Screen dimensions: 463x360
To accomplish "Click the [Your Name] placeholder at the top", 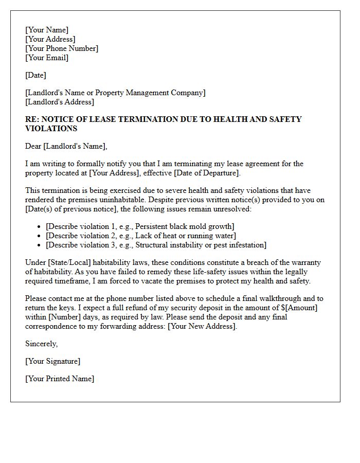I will tap(46, 30).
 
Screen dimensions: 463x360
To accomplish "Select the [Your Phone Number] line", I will tap(62, 49).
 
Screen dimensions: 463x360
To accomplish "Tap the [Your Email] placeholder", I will tap(47, 58).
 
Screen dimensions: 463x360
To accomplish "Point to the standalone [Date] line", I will tap(35, 76).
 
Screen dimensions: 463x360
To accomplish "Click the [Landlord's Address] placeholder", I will tap(60, 102).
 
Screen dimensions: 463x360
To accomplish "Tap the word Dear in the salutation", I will tap(33, 147).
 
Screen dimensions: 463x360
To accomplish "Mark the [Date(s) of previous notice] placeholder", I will tap(71, 209).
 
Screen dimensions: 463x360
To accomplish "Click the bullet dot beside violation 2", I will tap(40, 236).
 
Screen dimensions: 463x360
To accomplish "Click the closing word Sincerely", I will tap(42, 344).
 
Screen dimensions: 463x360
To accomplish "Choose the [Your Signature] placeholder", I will tap(52, 362).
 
